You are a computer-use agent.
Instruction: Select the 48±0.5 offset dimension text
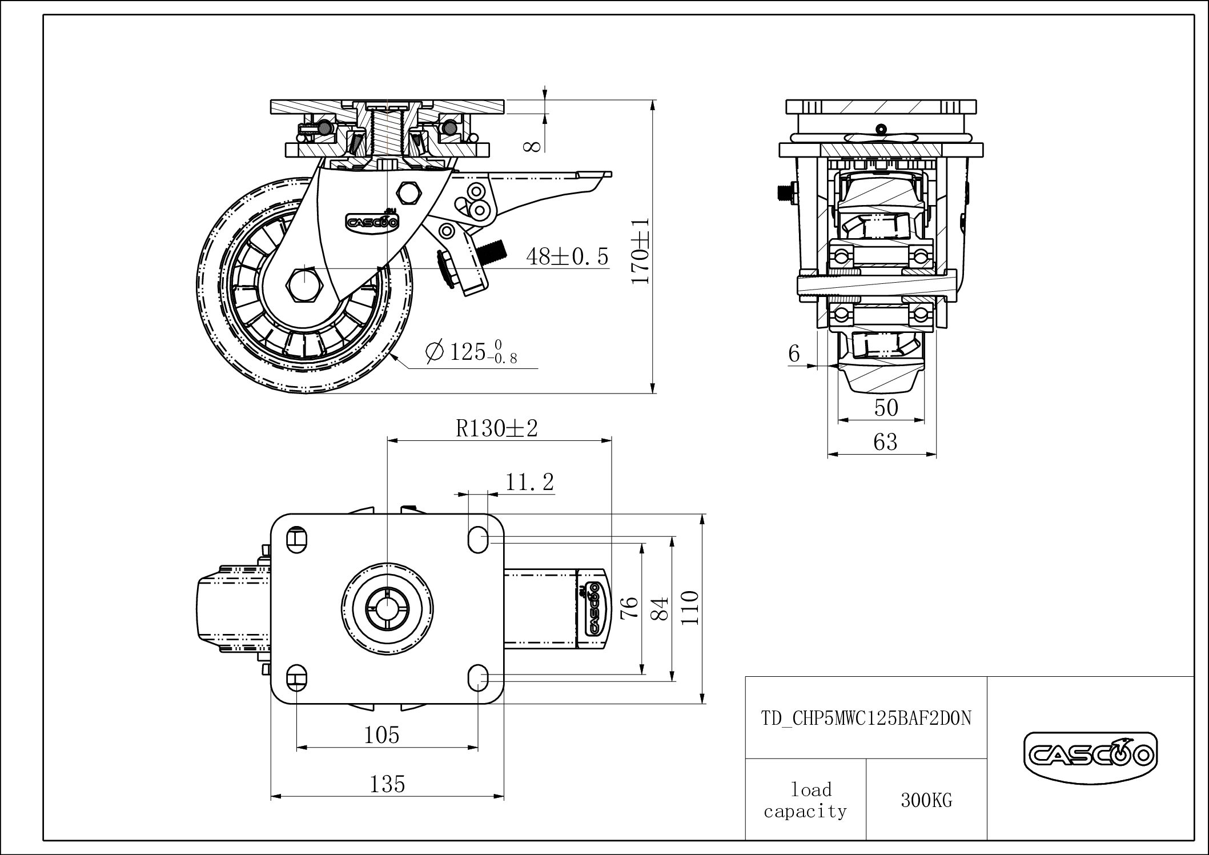tap(568, 257)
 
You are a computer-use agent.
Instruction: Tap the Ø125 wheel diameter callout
tap(472, 351)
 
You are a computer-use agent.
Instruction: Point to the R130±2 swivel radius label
tap(497, 428)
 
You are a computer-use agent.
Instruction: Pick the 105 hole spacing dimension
tap(381, 735)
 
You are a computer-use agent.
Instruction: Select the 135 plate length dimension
tap(387, 784)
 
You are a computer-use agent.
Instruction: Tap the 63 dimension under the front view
tap(885, 442)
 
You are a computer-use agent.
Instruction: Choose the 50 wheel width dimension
tap(886, 408)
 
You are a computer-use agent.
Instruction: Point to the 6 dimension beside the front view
tap(794, 354)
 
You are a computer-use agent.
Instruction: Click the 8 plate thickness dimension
tap(532, 146)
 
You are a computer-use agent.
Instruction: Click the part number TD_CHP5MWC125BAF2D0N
tap(866, 718)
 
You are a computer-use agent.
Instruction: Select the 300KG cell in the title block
tap(926, 801)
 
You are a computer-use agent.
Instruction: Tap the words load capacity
tap(806, 801)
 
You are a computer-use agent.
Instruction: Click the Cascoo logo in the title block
tap(1090, 757)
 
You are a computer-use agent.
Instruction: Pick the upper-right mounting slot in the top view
tap(478, 539)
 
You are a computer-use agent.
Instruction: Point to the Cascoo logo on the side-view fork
tap(372, 222)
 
